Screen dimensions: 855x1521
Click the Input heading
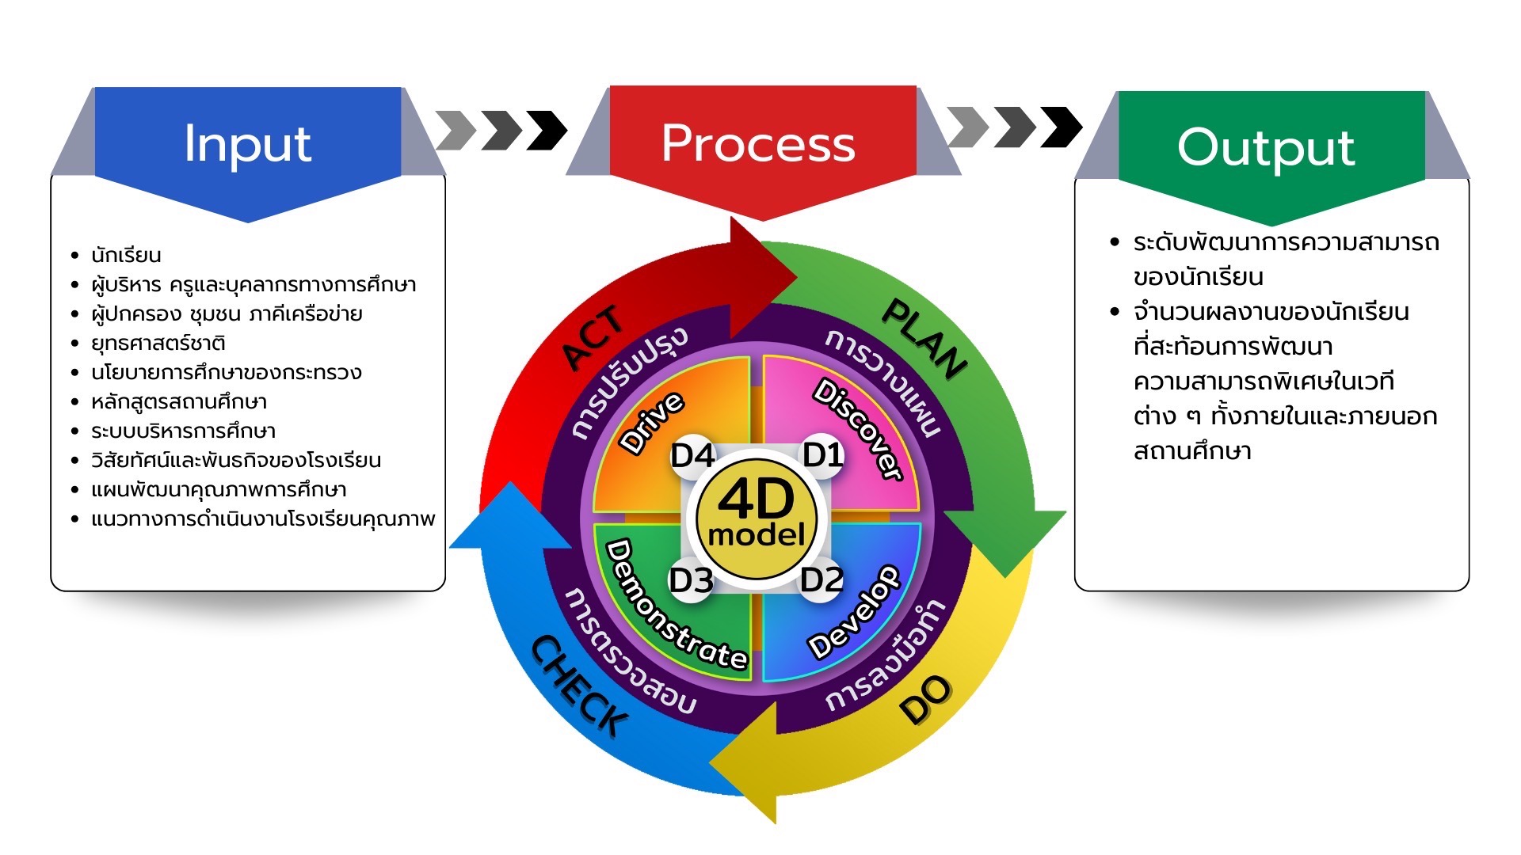click(247, 144)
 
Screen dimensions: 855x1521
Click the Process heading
click(758, 144)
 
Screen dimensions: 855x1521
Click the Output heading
click(1266, 148)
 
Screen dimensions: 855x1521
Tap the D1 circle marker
click(823, 455)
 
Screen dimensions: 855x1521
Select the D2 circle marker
click(821, 580)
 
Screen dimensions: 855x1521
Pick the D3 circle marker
click(692, 581)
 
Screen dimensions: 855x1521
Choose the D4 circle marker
click(693, 456)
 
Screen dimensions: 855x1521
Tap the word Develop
click(854, 612)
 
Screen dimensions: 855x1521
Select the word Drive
click(651, 423)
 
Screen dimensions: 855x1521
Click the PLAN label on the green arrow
click(924, 338)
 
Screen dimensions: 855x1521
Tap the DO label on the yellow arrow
click(925, 701)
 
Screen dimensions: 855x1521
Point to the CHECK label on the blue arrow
click(579, 686)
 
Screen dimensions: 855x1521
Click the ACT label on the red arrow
click(593, 338)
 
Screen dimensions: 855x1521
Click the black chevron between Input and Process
click(547, 130)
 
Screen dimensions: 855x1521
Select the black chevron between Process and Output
click(1061, 127)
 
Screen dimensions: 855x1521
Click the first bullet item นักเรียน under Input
click(126, 256)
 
